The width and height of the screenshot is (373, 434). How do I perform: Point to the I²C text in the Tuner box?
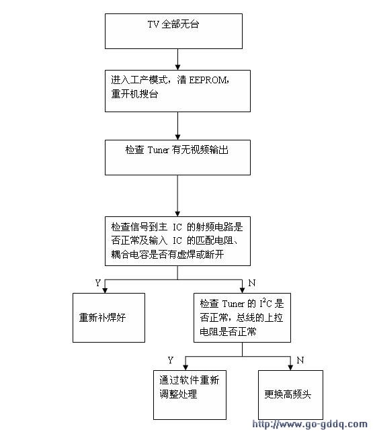[265, 303]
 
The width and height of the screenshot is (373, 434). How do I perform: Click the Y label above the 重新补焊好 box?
[97, 283]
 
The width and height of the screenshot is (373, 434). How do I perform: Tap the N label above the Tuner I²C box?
[252, 283]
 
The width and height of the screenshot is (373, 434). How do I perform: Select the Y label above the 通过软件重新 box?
[170, 360]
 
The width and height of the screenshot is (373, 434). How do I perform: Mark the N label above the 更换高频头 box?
[300, 360]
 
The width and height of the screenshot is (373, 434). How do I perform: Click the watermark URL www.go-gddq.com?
[310, 425]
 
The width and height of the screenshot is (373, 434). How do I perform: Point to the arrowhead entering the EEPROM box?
[178, 67]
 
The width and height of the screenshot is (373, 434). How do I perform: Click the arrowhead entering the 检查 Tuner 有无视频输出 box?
[178, 137]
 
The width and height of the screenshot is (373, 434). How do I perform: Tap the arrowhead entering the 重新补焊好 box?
[105, 290]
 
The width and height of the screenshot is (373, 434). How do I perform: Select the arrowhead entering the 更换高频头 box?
[290, 367]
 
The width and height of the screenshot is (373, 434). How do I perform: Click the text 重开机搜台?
[134, 94]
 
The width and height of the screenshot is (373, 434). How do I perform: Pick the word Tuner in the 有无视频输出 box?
[158, 150]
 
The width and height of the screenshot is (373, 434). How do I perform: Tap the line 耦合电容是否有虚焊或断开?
[167, 254]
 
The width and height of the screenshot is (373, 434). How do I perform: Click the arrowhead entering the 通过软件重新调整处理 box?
[185, 367]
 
